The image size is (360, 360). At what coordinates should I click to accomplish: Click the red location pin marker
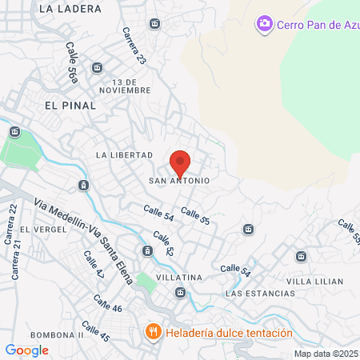pyautogui.click(x=180, y=162)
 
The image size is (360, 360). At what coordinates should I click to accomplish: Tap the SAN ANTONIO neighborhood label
pyautogui.click(x=179, y=181)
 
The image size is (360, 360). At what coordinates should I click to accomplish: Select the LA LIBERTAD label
pyautogui.click(x=124, y=154)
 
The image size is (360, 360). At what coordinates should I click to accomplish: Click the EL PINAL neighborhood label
pyautogui.click(x=70, y=105)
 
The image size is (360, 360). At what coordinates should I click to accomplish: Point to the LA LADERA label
pyautogui.click(x=70, y=9)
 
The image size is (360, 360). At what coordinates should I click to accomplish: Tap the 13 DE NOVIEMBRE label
pyautogui.click(x=132, y=86)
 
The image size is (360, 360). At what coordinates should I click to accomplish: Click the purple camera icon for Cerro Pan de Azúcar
pyautogui.click(x=264, y=24)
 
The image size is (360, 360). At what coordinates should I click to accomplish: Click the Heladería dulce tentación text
pyautogui.click(x=227, y=333)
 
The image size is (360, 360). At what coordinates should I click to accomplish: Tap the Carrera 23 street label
pyautogui.click(x=134, y=46)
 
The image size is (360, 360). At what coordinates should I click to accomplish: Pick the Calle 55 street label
pyautogui.click(x=195, y=215)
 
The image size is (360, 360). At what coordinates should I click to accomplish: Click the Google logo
pyautogui.click(x=27, y=350)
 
